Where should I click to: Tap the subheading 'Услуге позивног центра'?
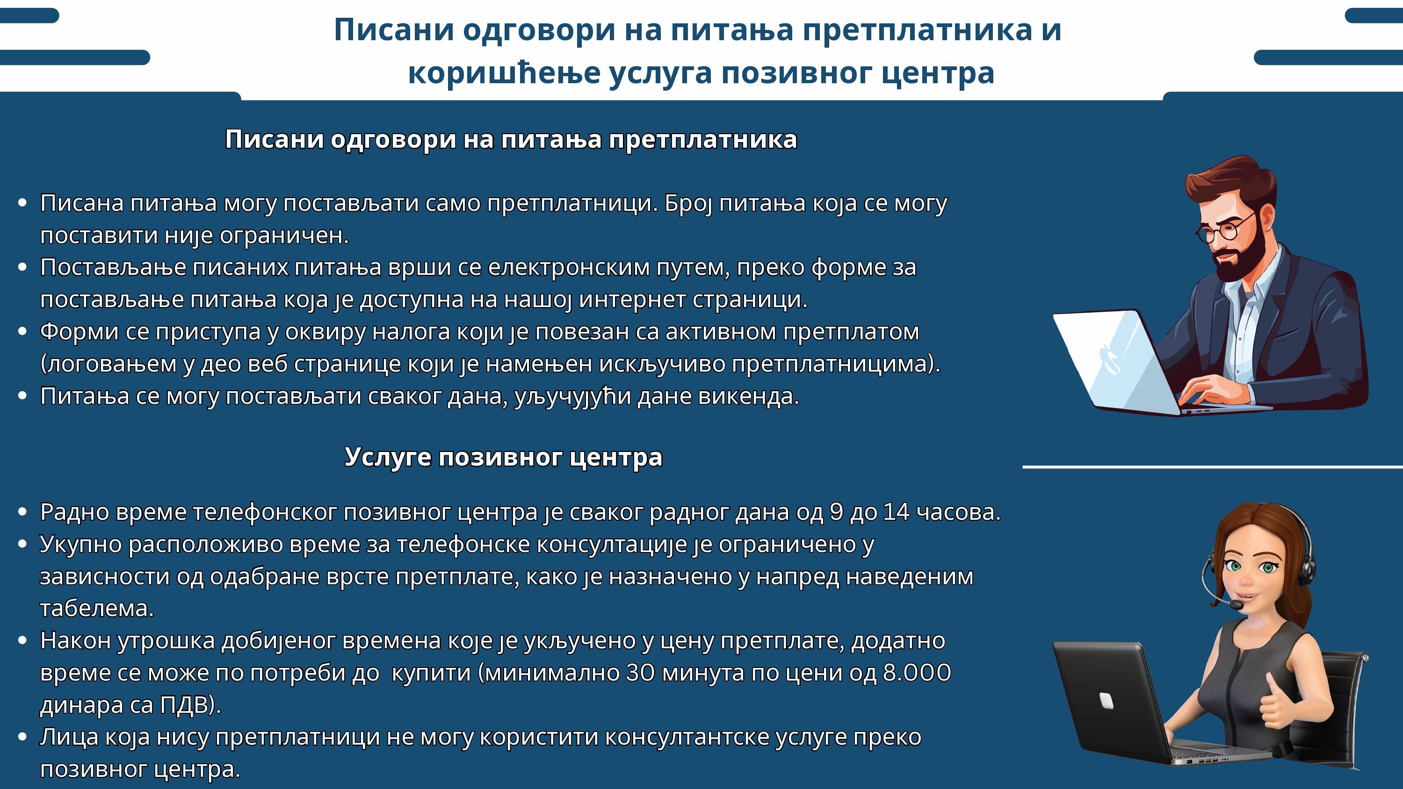click(x=503, y=457)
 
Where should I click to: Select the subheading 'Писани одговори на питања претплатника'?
click(x=511, y=140)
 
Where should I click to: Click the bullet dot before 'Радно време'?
click(x=22, y=512)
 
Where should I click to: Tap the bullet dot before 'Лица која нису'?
click(x=22, y=737)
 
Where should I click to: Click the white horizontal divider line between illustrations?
click(x=1212, y=466)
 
